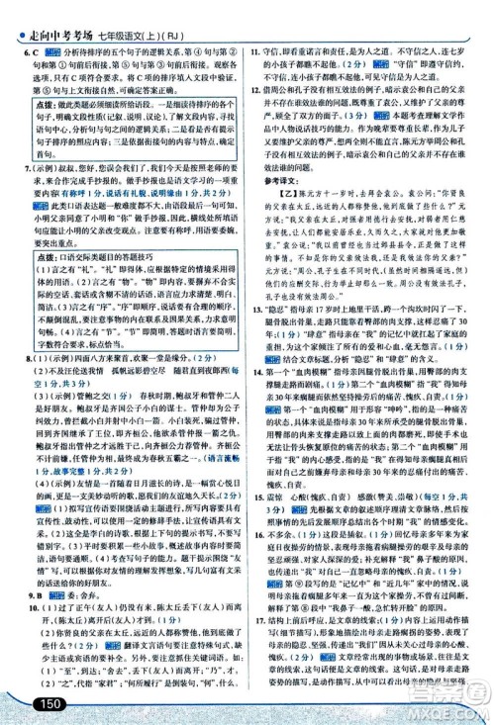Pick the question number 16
pyautogui.click(x=255, y=590)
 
